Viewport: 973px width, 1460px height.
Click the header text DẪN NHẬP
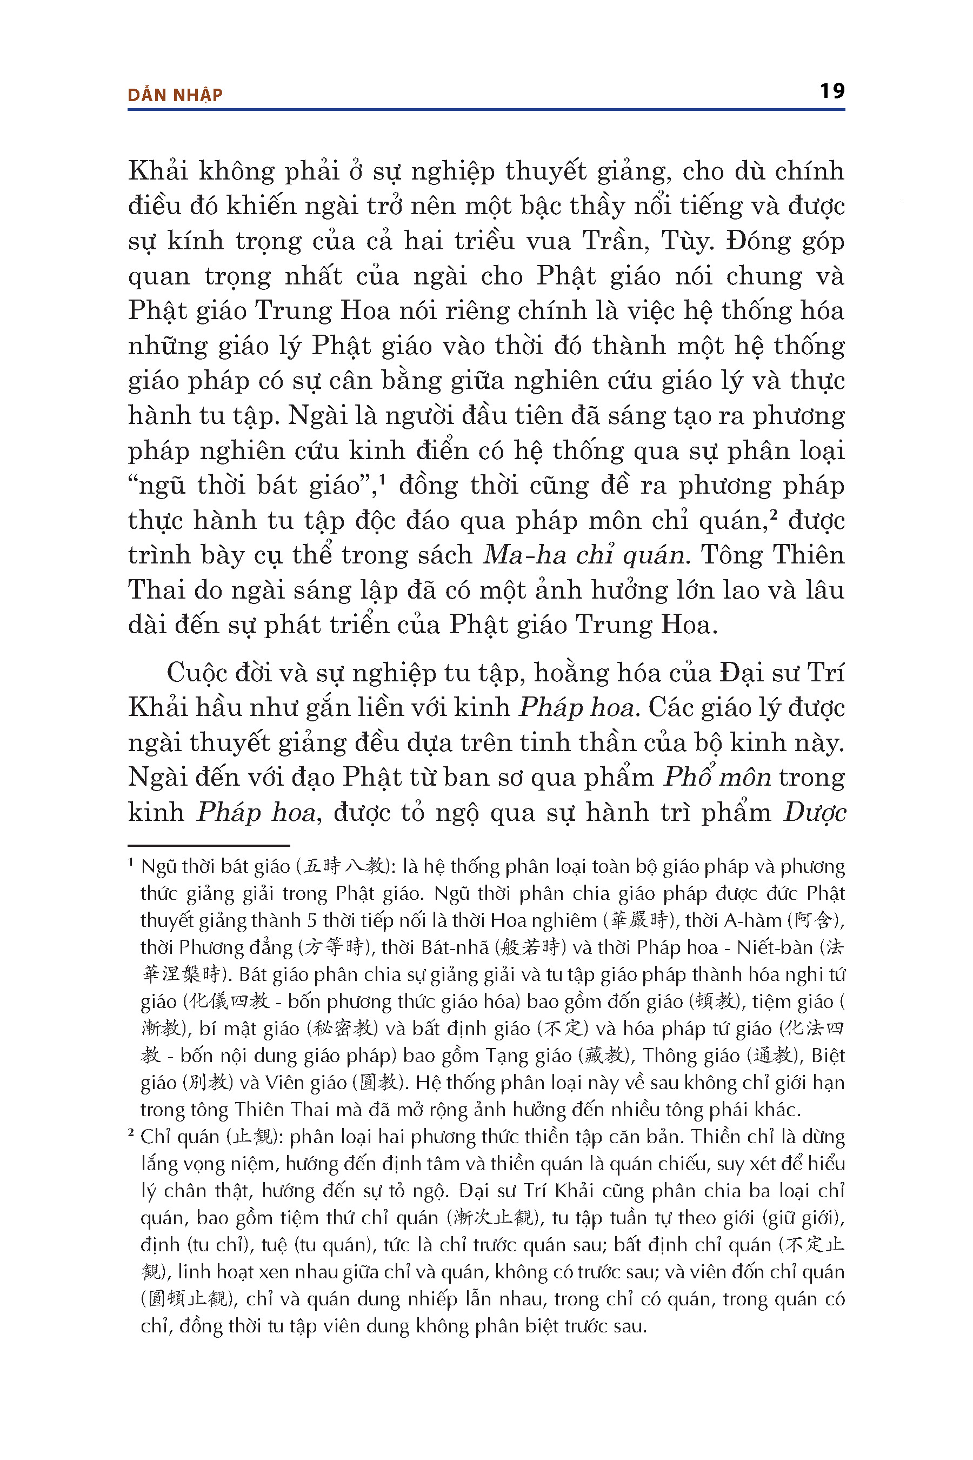pyautogui.click(x=175, y=95)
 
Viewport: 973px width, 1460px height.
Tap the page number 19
pyautogui.click(x=831, y=91)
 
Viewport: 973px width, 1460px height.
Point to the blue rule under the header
pyautogui.click(x=486, y=110)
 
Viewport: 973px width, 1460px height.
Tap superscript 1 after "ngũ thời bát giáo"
pyautogui.click(x=383, y=479)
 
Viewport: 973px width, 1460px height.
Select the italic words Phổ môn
pyautogui.click(x=717, y=777)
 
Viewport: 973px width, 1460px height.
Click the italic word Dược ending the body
pyautogui.click(x=814, y=812)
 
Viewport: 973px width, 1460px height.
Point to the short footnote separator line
pyautogui.click(x=209, y=846)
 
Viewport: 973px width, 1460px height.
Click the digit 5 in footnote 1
pyautogui.click(x=311, y=920)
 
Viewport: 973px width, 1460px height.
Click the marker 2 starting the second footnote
pyautogui.click(x=131, y=1133)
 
